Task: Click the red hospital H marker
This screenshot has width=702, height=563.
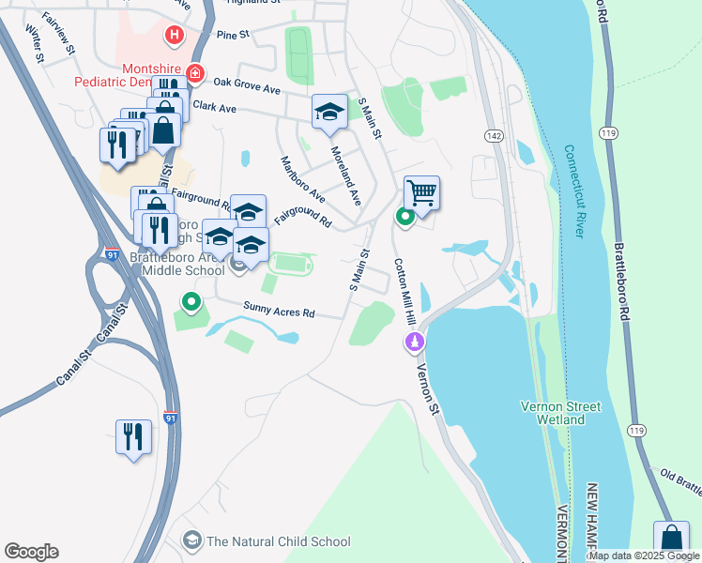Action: point(174,37)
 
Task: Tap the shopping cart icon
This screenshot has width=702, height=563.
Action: point(422,193)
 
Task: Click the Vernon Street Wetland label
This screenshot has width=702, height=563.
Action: point(560,413)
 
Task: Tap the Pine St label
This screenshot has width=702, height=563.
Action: point(232,35)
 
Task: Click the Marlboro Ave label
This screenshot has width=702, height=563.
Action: point(302,179)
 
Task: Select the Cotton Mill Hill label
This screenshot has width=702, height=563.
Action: point(404,292)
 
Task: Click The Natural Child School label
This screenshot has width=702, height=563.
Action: point(278,541)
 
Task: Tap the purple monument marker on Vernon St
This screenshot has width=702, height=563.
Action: point(414,344)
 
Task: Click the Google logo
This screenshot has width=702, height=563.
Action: point(31,552)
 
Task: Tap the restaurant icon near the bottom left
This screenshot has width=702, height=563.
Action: point(132,436)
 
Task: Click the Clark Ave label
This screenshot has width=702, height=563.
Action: point(214,107)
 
